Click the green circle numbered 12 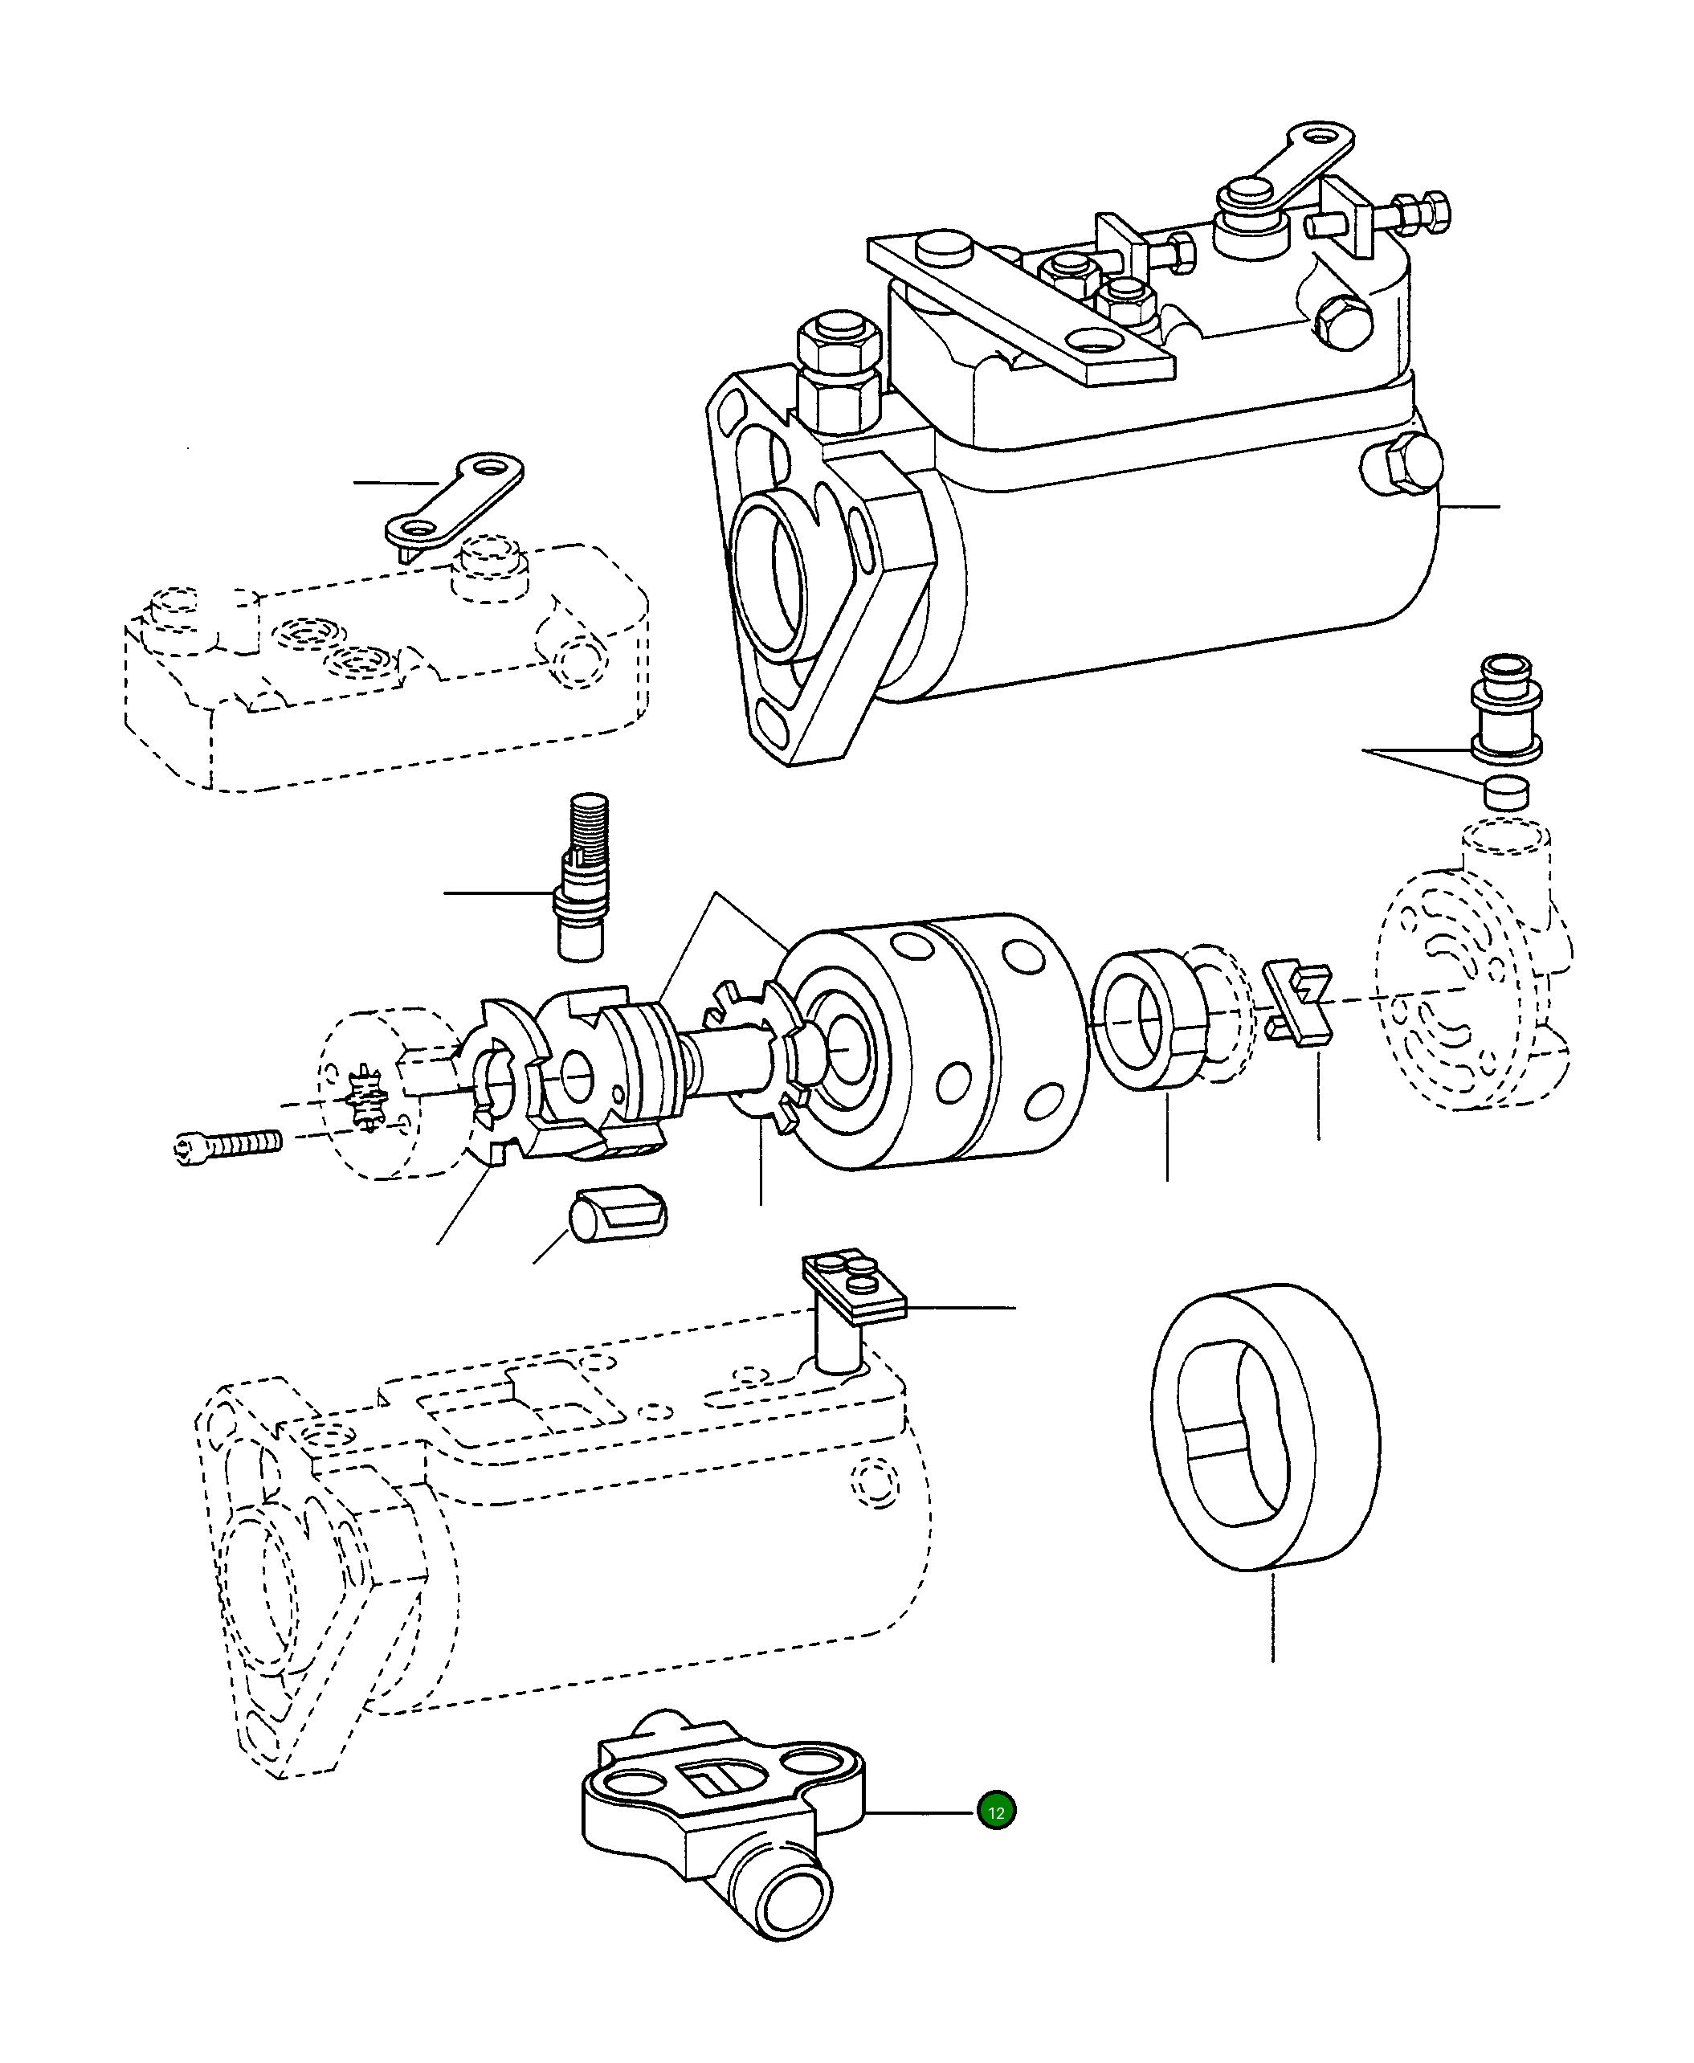point(996,1812)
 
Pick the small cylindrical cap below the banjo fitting point(1507,792)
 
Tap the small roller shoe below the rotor point(617,1213)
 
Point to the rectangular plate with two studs point(855,1287)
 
